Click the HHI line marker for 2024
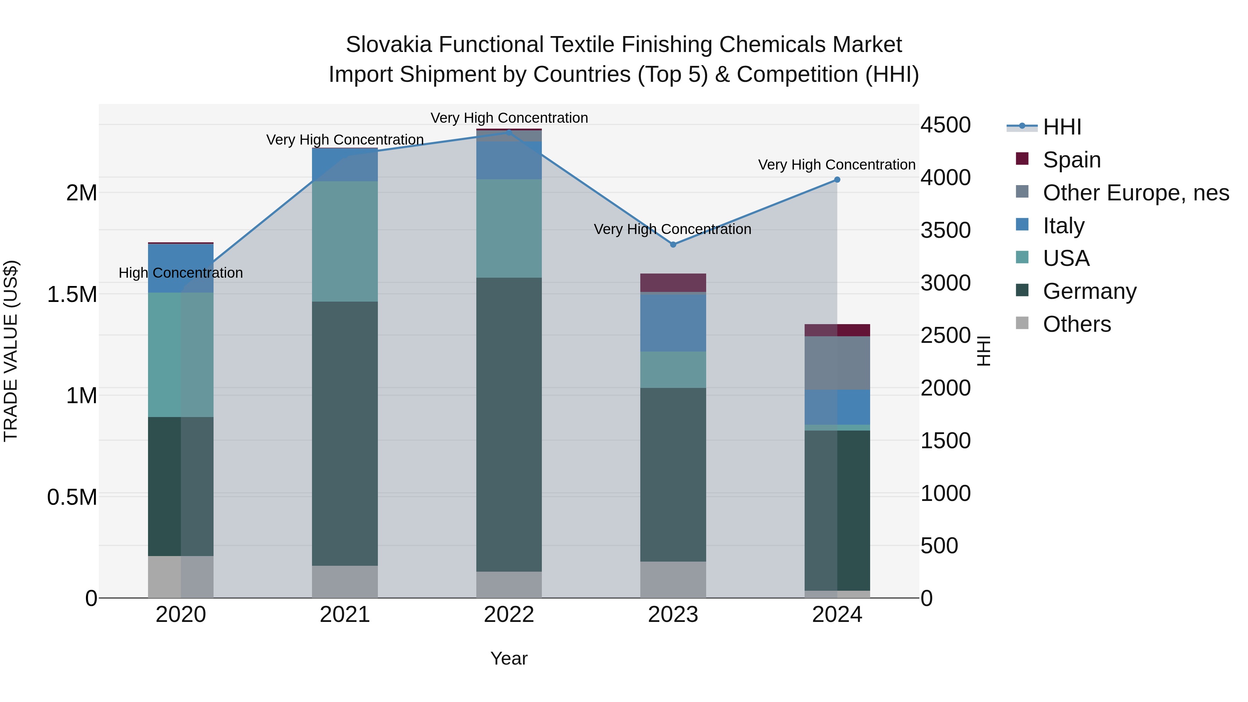(837, 180)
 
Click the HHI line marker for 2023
(673, 245)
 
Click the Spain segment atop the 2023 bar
(673, 283)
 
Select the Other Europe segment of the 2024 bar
(837, 363)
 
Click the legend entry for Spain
(1072, 159)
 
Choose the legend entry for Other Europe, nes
(1136, 192)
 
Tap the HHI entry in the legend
(1062, 127)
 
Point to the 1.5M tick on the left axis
(72, 294)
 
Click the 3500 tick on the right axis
(945, 230)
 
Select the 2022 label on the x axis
(509, 615)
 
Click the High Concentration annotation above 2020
(181, 273)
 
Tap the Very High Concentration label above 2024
(837, 165)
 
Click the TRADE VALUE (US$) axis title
(11, 351)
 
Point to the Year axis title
(509, 658)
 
